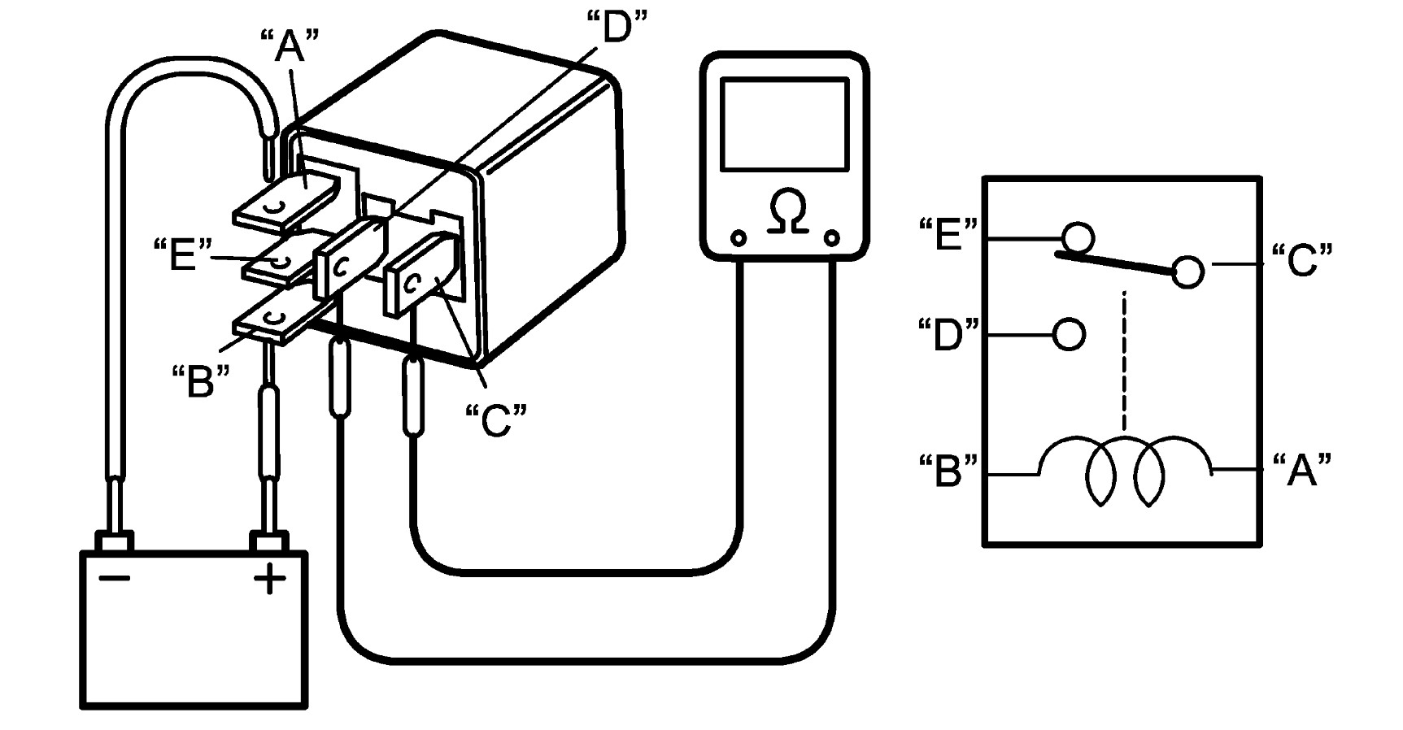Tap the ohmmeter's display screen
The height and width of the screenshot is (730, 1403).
click(785, 124)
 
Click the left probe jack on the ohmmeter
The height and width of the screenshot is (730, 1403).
click(738, 238)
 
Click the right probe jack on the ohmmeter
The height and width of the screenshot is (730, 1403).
click(831, 238)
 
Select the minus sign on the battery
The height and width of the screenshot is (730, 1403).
click(114, 578)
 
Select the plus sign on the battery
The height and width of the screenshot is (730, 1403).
click(270, 580)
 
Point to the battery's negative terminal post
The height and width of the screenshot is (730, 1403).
click(114, 541)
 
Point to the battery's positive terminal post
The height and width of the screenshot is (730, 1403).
click(269, 541)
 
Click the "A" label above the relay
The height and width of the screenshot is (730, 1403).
click(290, 46)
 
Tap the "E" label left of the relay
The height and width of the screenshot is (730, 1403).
click(180, 254)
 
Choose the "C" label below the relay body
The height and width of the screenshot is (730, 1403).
click(495, 419)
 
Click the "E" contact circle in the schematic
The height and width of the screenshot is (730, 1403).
click(1078, 238)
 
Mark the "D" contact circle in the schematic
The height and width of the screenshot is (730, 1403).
click(1069, 334)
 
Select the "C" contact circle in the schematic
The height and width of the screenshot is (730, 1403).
click(1187, 271)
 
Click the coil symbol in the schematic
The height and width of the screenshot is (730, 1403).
click(1125, 471)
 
